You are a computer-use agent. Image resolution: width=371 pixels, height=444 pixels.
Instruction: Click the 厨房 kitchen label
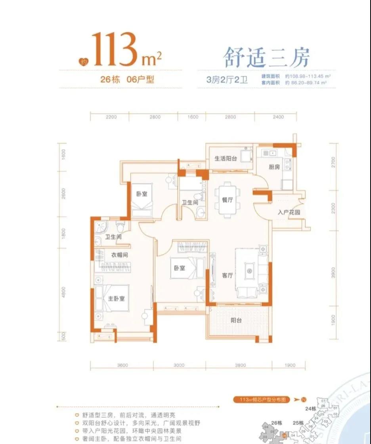tap(274, 167)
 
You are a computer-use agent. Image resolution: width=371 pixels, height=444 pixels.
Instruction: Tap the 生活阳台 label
tap(226, 158)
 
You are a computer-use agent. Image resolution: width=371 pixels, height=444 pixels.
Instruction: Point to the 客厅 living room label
tap(227, 276)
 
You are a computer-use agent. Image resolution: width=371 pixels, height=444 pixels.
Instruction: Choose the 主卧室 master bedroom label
tap(116, 298)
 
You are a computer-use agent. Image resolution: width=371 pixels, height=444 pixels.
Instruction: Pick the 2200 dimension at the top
tap(111, 117)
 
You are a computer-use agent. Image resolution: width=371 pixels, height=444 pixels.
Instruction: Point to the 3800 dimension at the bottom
tap(240, 365)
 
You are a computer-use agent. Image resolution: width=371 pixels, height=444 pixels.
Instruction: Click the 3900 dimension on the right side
tap(333, 273)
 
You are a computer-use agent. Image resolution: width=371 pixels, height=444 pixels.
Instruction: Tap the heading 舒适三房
tap(266, 58)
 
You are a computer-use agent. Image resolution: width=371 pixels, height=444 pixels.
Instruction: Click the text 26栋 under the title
tap(111, 79)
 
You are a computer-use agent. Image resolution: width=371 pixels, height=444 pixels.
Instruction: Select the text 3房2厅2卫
tap(227, 79)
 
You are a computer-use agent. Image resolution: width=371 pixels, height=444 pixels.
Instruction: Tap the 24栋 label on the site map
tap(310, 409)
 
